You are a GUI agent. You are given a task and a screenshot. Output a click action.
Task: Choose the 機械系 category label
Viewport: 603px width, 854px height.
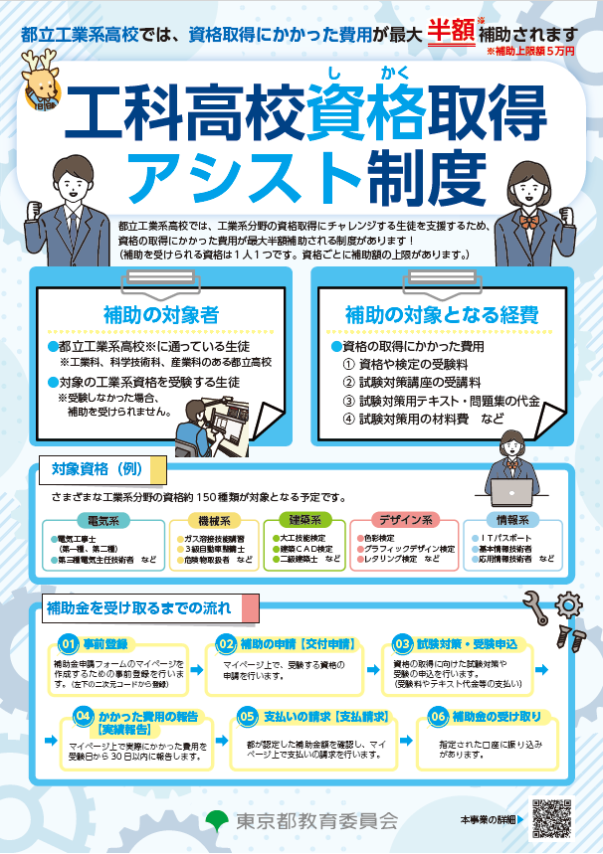[214, 520]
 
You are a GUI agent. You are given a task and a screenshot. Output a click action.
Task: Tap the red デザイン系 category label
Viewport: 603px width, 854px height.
[404, 520]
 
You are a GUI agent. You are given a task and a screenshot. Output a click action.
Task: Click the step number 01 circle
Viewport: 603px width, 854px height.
[69, 643]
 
